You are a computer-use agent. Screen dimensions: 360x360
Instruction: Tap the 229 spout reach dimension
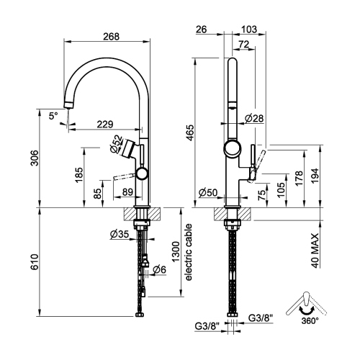pyautogui.click(x=106, y=124)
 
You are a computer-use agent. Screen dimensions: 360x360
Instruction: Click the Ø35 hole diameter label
pyautogui.click(x=119, y=235)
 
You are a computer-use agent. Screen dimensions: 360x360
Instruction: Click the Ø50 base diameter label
pyautogui.click(x=208, y=193)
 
